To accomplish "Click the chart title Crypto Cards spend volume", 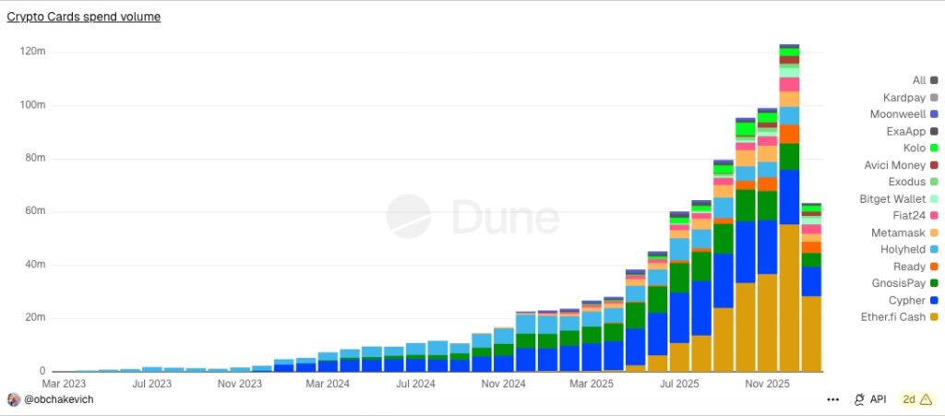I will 84,17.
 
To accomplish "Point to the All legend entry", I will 918,80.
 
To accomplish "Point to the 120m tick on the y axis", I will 32,52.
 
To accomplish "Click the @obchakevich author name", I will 58,399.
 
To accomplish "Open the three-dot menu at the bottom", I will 833,399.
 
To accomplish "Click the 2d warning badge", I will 916,399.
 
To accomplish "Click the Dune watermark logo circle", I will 409,217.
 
